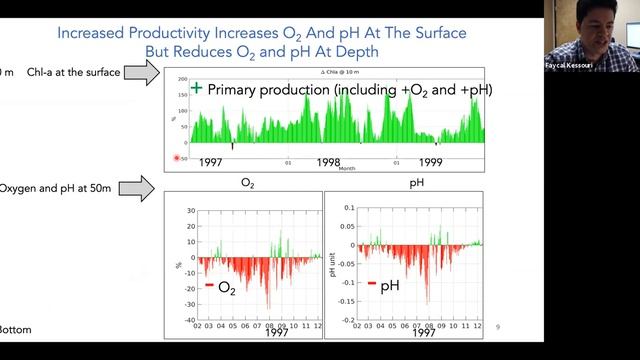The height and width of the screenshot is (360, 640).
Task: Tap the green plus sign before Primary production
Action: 196,89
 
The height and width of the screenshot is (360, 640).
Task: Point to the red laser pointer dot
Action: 178,158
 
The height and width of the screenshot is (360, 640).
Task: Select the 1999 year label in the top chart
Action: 431,161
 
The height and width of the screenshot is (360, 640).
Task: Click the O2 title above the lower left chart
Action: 246,184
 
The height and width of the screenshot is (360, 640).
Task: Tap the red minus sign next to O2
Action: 209,286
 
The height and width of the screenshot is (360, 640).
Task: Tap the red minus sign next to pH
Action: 371,286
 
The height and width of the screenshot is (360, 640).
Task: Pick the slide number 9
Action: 498,325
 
